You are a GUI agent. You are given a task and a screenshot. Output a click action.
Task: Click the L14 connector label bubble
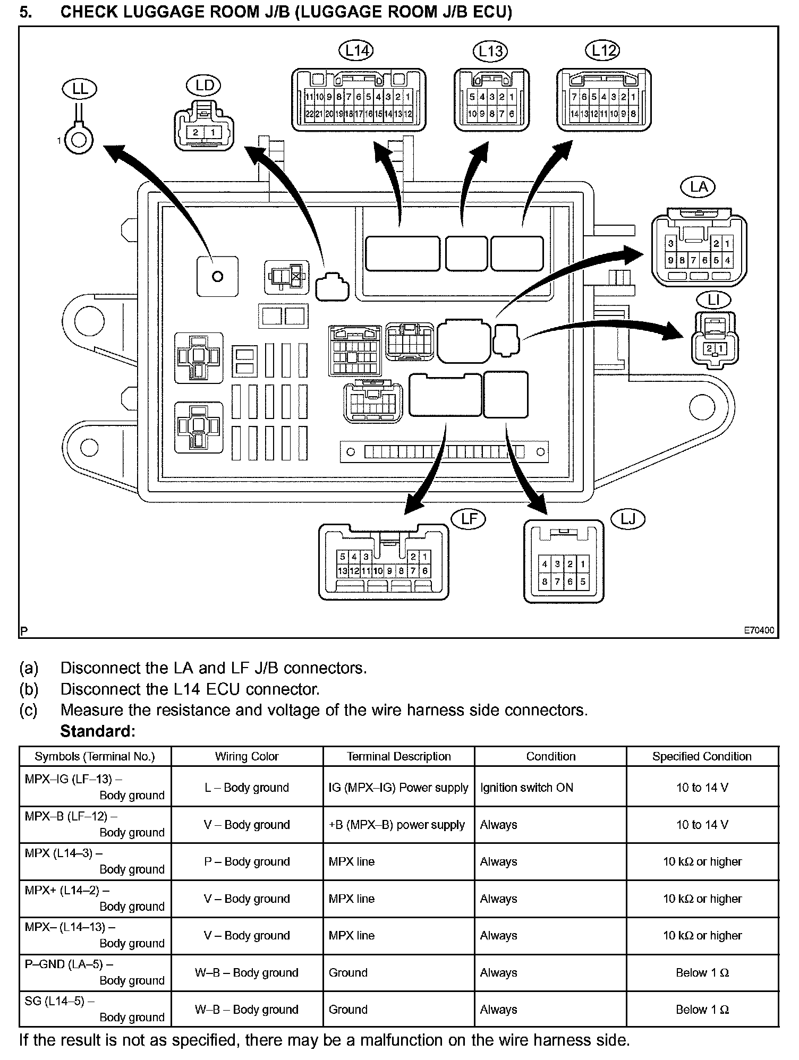[356, 51]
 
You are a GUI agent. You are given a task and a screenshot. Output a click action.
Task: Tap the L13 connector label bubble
[490, 52]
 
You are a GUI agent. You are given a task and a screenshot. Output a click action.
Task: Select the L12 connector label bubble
[603, 51]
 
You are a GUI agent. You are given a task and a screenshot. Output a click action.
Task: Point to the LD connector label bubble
[204, 86]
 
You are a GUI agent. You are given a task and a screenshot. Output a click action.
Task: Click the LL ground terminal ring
[79, 141]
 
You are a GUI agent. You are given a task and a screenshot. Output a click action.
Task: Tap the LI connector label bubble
[713, 301]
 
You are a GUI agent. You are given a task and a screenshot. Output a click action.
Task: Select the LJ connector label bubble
[628, 519]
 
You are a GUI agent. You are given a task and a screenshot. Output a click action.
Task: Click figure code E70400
[759, 630]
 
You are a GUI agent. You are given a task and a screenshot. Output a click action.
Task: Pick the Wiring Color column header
[247, 757]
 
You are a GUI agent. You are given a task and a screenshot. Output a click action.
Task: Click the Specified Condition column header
[702, 757]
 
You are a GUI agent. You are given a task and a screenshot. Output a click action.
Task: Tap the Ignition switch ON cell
[526, 788]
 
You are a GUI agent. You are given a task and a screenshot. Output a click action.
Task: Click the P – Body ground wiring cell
[247, 861]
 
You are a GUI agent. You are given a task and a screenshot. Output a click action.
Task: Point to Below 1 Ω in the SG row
[702, 1010]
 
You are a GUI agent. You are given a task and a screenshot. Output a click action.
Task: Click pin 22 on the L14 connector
[309, 114]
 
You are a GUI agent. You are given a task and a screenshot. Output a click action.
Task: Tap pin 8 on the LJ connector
[545, 582]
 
